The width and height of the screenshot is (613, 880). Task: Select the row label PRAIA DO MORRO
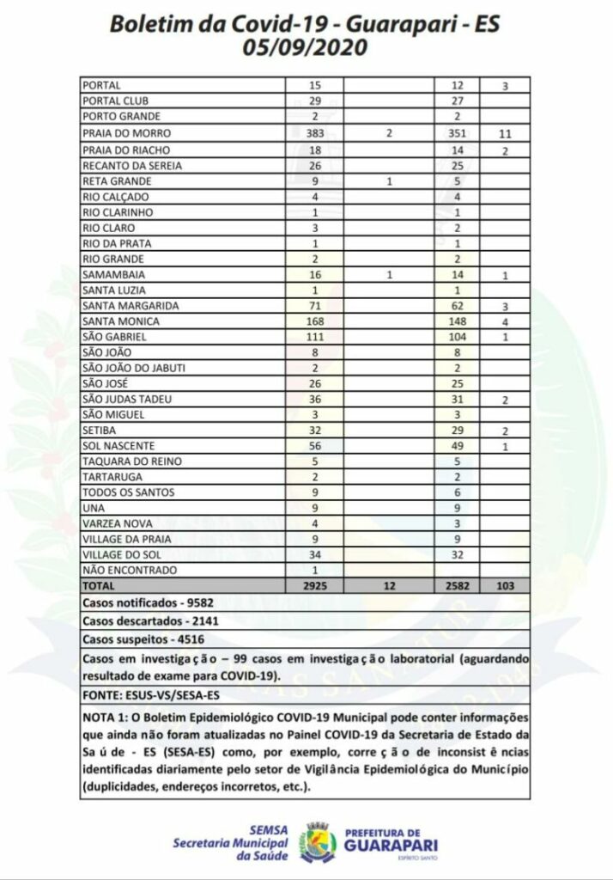point(126,133)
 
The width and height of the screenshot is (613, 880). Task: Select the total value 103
point(506,585)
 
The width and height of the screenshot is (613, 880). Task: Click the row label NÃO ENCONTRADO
point(129,570)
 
